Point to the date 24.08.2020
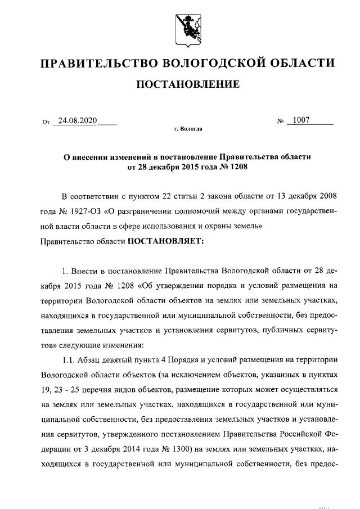point(74,120)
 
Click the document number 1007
point(300,120)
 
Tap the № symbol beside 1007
point(280,121)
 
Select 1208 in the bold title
point(237,166)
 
